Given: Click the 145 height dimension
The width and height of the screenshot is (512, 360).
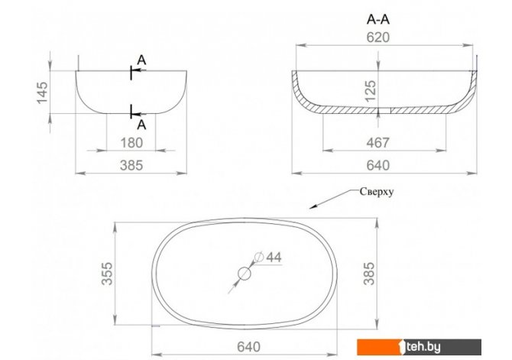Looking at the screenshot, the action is (42, 92).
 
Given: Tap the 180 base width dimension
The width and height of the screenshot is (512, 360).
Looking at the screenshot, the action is (131, 143).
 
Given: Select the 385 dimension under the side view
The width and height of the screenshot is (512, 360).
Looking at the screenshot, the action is (131, 165).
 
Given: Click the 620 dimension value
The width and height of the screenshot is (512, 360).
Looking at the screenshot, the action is (378, 37).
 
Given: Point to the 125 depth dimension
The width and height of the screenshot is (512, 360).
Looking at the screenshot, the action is (371, 91).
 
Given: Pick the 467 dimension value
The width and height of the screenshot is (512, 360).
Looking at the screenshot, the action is (378, 143).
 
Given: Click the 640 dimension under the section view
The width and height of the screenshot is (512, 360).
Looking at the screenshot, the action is (378, 165).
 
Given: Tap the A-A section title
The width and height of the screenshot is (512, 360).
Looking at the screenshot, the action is (378, 20).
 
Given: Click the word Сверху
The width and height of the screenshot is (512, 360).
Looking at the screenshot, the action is (377, 191).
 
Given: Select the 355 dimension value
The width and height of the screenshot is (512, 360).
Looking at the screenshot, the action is (107, 274).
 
